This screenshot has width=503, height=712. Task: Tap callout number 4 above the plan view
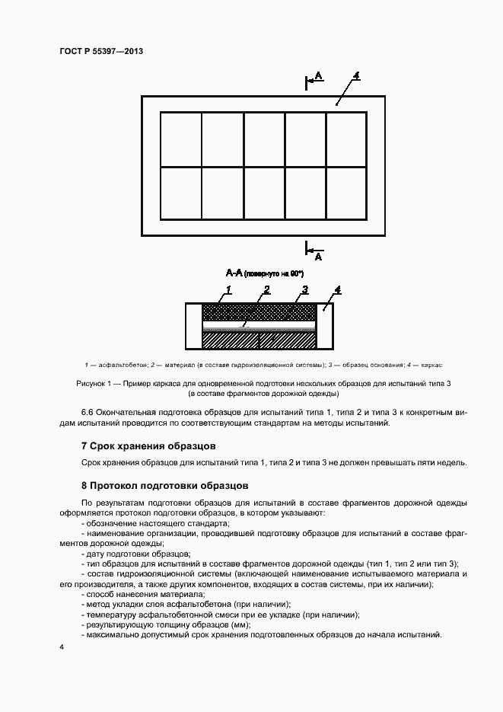(x=356, y=76)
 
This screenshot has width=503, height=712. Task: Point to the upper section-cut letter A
(x=319, y=76)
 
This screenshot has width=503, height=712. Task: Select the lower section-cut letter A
(x=318, y=257)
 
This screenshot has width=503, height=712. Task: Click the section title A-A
(x=234, y=273)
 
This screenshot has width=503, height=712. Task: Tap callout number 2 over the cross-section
(x=267, y=289)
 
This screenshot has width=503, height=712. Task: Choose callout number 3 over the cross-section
(x=304, y=289)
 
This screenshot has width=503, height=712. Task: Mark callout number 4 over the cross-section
(x=337, y=289)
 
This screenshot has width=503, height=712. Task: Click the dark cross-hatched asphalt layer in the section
(x=259, y=312)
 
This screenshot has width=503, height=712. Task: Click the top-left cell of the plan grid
(x=180, y=139)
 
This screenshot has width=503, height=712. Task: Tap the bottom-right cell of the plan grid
(x=346, y=193)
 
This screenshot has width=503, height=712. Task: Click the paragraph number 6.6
(x=88, y=412)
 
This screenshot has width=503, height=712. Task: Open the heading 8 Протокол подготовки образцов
(x=164, y=485)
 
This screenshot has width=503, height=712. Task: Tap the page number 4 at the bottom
(x=61, y=647)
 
